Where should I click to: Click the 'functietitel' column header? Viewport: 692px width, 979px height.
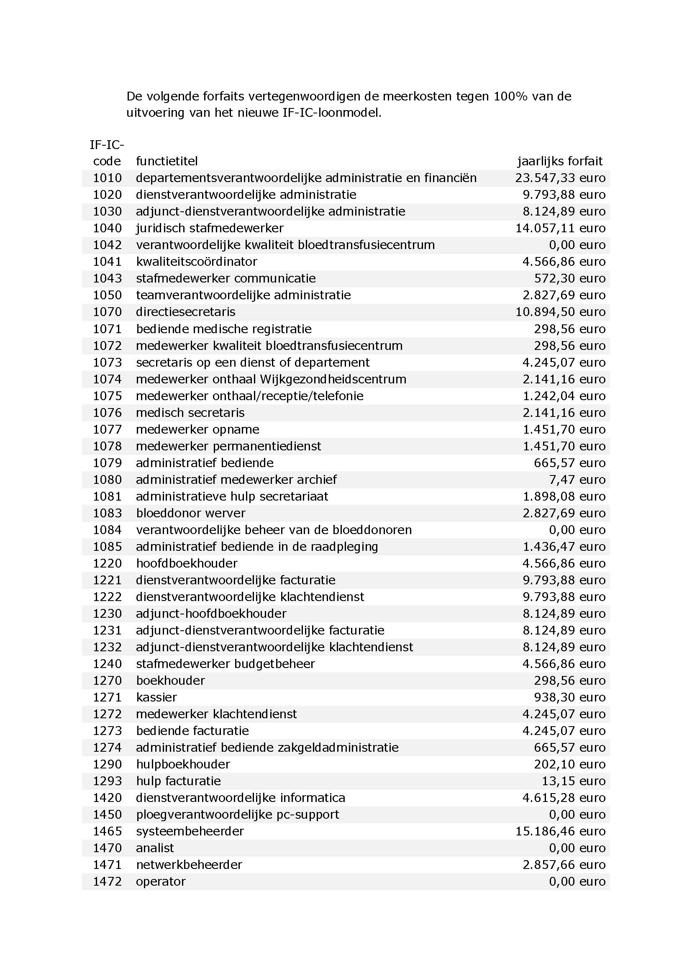pyautogui.click(x=167, y=161)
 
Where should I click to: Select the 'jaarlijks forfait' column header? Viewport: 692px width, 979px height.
pyautogui.click(x=559, y=161)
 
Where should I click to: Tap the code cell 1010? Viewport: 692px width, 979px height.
pyautogui.click(x=108, y=178)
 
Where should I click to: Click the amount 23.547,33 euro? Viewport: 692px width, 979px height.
pyautogui.click(x=560, y=178)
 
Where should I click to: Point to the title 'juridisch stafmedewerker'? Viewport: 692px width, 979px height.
pyautogui.click(x=209, y=228)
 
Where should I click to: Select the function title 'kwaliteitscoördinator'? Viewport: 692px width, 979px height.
pyautogui.click(x=197, y=261)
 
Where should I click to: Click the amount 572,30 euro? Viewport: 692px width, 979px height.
pyautogui.click(x=569, y=278)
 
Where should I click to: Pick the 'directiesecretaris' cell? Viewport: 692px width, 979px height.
pyautogui.click(x=185, y=312)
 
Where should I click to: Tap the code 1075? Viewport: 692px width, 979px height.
pyautogui.click(x=108, y=396)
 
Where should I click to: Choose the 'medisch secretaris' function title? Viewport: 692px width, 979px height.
pyautogui.click(x=190, y=413)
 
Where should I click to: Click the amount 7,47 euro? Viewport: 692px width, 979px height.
pyautogui.click(x=577, y=480)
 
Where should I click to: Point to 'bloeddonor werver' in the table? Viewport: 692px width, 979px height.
pyautogui.click(x=190, y=513)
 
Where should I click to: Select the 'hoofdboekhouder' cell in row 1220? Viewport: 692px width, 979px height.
pyautogui.click(x=187, y=563)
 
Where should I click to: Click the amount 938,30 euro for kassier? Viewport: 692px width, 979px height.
pyautogui.click(x=569, y=697)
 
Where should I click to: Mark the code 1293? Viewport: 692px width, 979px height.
pyautogui.click(x=108, y=781)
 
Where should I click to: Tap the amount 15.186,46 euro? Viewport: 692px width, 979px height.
pyautogui.click(x=560, y=831)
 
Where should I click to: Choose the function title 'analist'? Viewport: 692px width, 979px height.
pyautogui.click(x=155, y=848)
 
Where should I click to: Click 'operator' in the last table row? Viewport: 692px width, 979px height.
pyautogui.click(x=161, y=881)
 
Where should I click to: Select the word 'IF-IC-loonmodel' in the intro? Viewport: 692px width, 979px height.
pyautogui.click(x=331, y=113)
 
